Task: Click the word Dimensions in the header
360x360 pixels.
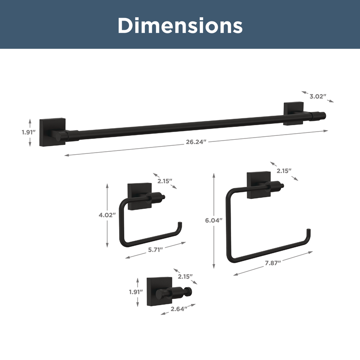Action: pos(180,25)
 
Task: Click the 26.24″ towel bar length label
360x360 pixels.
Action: pos(195,142)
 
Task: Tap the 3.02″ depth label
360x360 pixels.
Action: pos(318,96)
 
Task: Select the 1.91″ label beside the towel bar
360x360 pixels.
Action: pos(29,132)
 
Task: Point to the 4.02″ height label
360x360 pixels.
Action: pos(107,215)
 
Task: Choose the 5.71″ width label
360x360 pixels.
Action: pos(156,250)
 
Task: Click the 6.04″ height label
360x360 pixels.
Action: pos(214,220)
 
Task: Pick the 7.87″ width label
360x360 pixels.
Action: pos(273,263)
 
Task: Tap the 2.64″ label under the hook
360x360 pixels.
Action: pos(179,309)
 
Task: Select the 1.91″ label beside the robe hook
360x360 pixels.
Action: pos(136,292)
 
